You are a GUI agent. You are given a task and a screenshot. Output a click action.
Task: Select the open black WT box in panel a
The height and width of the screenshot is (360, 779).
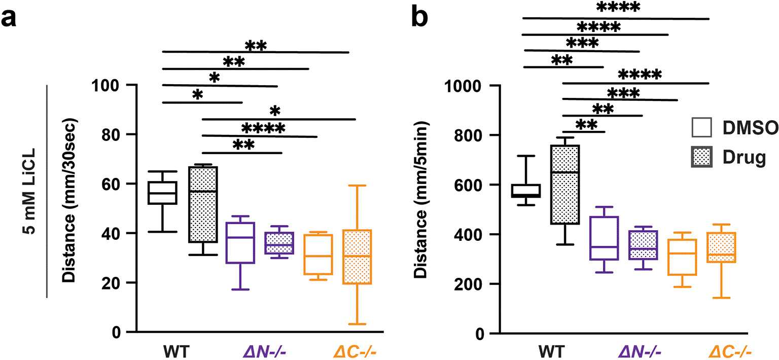[x=162, y=193]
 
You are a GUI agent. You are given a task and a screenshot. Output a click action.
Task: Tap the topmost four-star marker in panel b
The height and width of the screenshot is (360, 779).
[x=618, y=8]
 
